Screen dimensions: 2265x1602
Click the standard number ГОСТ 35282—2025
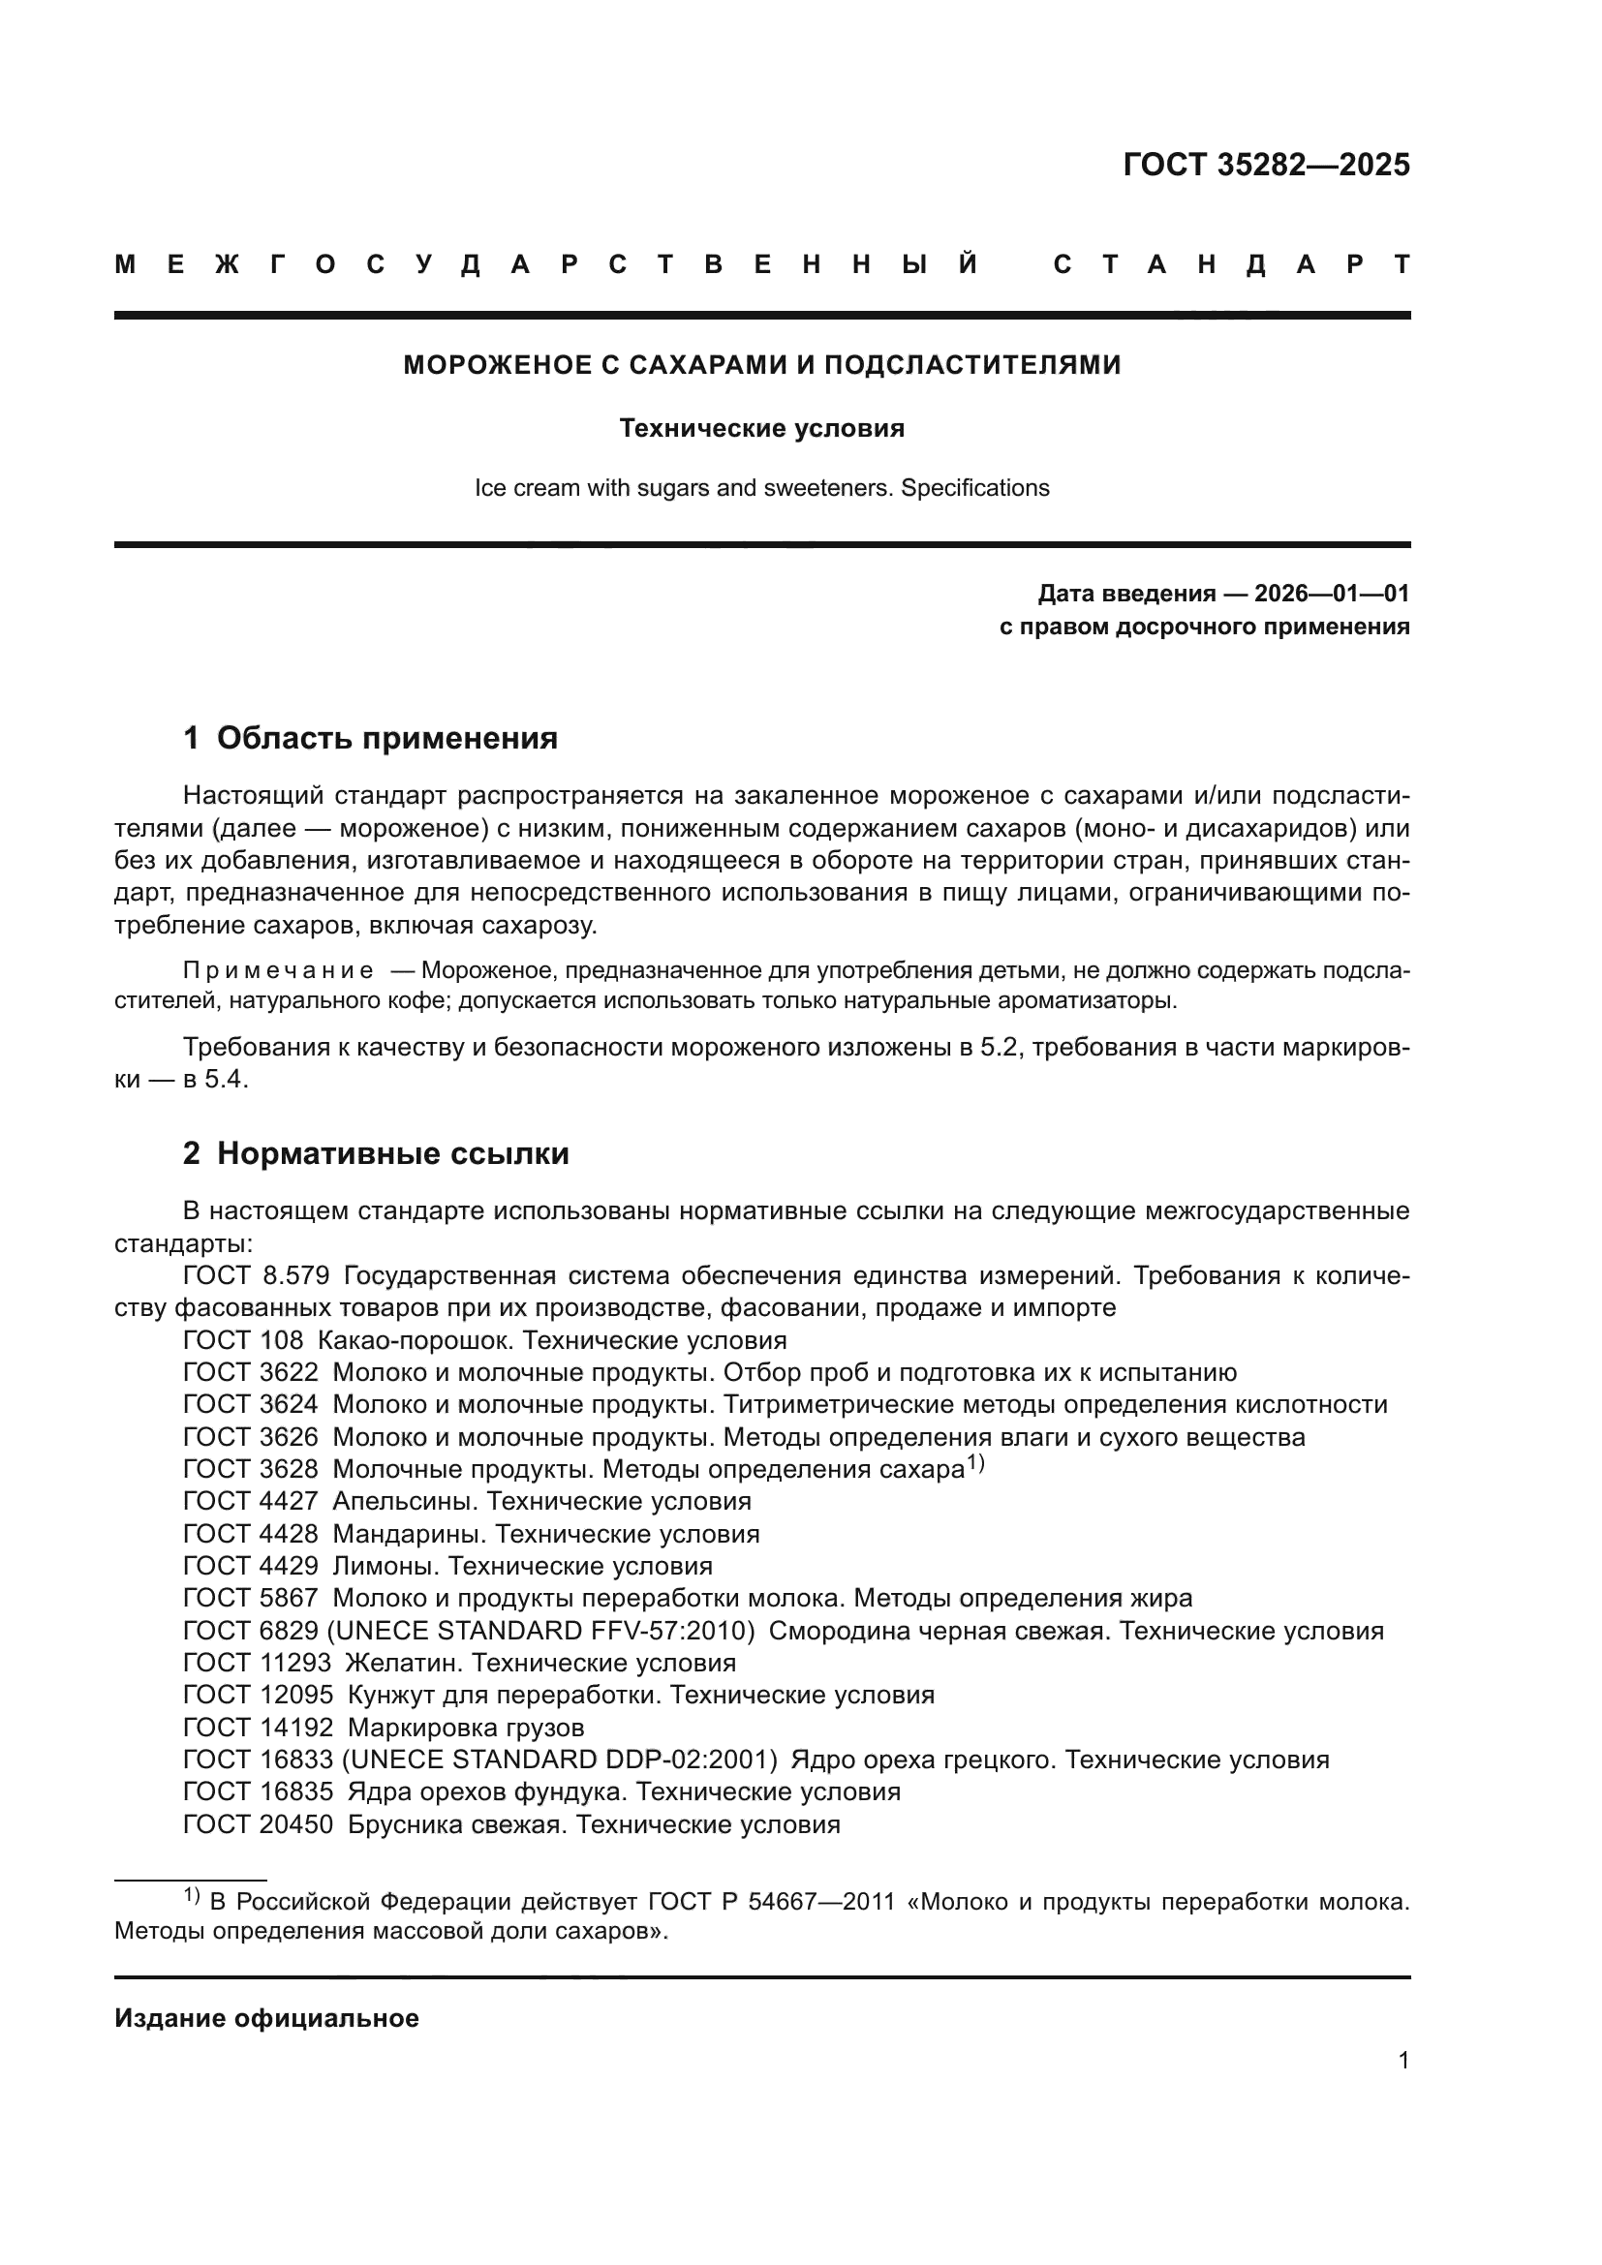click(x=1266, y=165)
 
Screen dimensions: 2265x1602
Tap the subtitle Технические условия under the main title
click(x=761, y=428)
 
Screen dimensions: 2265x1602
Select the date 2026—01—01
click(x=1332, y=594)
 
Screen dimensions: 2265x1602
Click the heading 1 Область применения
click(x=370, y=738)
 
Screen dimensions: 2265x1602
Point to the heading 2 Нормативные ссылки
click(x=376, y=1153)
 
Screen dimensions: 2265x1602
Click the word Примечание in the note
click(x=277, y=970)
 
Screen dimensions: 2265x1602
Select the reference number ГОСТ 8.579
click(x=256, y=1275)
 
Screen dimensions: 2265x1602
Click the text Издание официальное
click(x=266, y=2018)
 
